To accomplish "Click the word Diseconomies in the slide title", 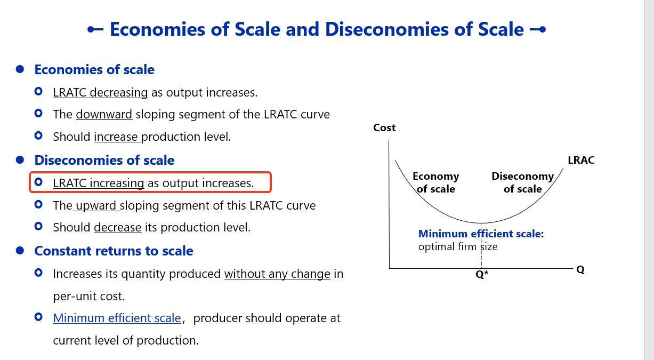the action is pos(386,29).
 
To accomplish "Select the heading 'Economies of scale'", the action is pos(94,69).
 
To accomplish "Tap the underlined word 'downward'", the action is pos(104,114).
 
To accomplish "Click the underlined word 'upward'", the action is pos(96,206).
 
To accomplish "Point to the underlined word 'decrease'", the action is pos(118,227).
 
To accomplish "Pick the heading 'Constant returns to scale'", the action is pos(114,251).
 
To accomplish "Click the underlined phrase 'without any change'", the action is pos(277,274).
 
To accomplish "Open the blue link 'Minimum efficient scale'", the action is pos(117,318).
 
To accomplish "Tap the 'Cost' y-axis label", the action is pos(384,127).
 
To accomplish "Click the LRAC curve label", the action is pos(581,160).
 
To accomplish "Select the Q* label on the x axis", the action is pos(482,274).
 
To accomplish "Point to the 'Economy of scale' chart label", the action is pos(435,182).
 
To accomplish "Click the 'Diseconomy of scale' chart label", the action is pos(523,182).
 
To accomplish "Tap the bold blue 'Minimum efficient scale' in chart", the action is pos(479,234).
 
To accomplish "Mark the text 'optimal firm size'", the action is pos(458,246).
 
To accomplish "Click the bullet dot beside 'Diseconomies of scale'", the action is pos(20,160).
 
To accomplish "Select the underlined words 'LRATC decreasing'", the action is pos(100,93).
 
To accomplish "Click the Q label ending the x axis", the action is pos(580,270).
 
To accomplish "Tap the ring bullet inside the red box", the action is pos(38,182).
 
